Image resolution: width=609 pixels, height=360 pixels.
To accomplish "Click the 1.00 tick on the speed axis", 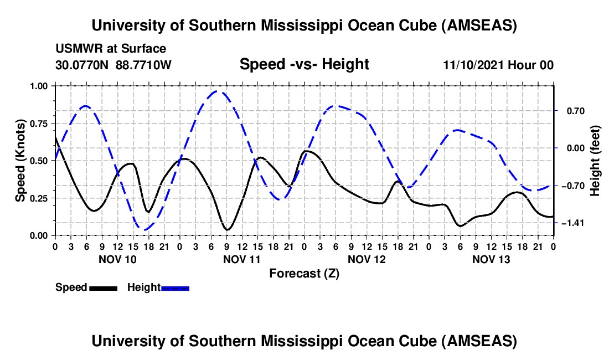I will tap(42, 86).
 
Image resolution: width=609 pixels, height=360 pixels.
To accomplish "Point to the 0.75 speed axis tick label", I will tap(42, 124).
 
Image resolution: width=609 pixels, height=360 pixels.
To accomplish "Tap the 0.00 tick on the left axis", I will tap(42, 235).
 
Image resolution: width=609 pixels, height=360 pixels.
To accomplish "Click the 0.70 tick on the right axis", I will tap(569, 111).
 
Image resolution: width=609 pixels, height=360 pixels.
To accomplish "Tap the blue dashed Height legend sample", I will tap(175, 287).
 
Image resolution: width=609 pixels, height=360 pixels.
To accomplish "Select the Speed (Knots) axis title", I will tap(20, 161).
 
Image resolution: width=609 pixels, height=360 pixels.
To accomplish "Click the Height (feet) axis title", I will tap(595, 161).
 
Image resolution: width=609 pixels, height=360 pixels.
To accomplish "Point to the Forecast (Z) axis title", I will tap(304, 273).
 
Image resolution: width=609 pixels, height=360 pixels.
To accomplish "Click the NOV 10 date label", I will tap(117, 259).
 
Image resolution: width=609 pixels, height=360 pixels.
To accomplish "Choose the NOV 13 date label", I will tap(491, 259).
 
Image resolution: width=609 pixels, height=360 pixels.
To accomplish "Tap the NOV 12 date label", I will tap(366, 259).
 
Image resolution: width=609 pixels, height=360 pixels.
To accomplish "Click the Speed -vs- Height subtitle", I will tap(304, 64).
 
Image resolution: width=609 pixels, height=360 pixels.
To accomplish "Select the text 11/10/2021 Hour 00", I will tap(498, 65).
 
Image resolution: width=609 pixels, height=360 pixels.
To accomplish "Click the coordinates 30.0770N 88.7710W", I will tap(113, 65).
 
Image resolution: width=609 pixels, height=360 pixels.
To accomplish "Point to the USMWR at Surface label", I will tap(111, 49).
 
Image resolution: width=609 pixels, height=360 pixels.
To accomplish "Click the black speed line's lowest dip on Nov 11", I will tap(227, 229).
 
